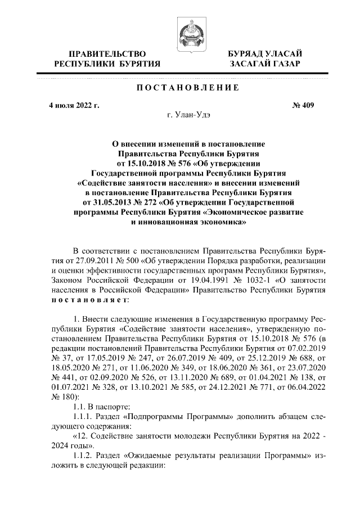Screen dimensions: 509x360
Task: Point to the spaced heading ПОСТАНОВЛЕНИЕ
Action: coord(181,88)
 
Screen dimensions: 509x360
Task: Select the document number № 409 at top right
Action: coord(303,105)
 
